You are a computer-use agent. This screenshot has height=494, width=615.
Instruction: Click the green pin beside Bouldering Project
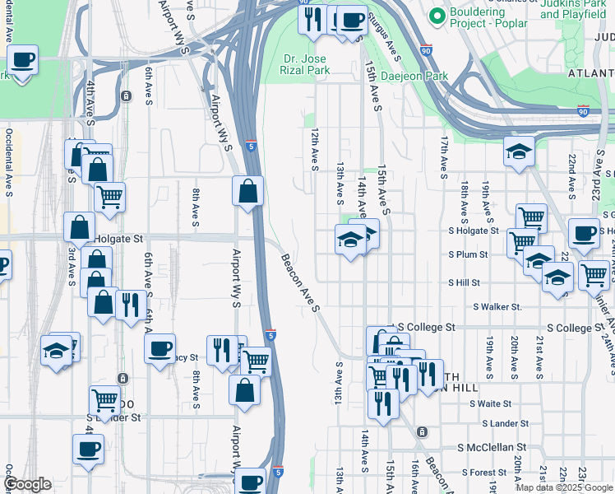[x=437, y=16]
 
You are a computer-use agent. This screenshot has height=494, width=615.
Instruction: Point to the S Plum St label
[x=468, y=255]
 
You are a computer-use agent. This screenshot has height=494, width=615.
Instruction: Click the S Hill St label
[x=464, y=282]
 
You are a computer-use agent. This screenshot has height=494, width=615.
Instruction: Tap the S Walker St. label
[x=497, y=307]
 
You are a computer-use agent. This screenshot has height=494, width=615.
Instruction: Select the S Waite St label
[x=491, y=403]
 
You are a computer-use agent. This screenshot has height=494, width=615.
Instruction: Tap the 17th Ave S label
[x=443, y=158]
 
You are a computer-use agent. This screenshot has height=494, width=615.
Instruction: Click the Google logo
[x=26, y=484]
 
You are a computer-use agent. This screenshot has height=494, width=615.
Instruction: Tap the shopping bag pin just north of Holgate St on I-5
[x=247, y=193]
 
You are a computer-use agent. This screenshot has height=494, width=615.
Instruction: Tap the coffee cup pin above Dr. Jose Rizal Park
[x=353, y=21]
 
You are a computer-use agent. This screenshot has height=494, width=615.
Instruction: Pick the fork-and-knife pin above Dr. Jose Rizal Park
[x=312, y=20]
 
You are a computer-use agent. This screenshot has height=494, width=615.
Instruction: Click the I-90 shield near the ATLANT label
[x=582, y=110]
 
